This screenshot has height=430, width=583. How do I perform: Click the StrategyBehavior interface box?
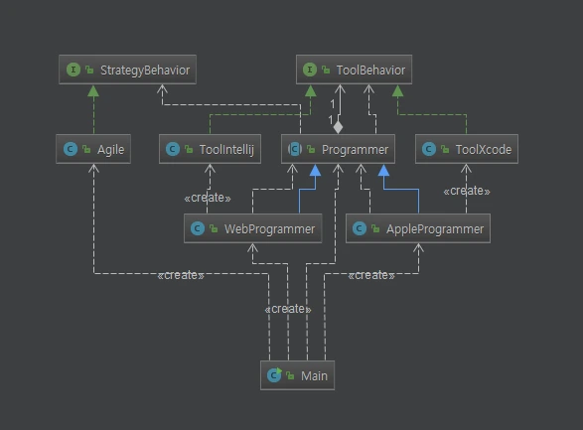coord(124,70)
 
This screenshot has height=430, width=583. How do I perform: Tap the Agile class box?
coord(94,150)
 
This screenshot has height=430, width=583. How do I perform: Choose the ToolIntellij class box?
coord(210,150)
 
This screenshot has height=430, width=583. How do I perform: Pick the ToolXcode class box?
coord(467,150)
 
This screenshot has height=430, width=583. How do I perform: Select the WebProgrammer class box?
coord(253,229)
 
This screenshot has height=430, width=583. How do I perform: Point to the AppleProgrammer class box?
coord(418,229)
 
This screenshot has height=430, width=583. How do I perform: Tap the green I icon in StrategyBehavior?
coord(73,70)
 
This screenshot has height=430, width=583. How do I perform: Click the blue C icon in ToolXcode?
coord(429,150)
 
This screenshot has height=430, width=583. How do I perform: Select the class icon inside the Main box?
coord(275,375)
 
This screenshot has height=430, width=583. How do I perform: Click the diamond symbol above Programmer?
coord(338,127)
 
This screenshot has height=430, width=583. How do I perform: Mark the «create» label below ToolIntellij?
coord(208,197)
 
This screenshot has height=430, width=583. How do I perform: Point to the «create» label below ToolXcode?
coord(466,191)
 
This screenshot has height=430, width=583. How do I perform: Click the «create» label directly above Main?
coord(288,309)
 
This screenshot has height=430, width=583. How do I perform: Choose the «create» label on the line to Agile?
coord(180,275)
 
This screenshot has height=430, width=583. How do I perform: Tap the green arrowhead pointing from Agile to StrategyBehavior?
coord(94,90)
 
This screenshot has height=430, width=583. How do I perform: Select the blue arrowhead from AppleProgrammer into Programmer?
coord(383,171)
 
